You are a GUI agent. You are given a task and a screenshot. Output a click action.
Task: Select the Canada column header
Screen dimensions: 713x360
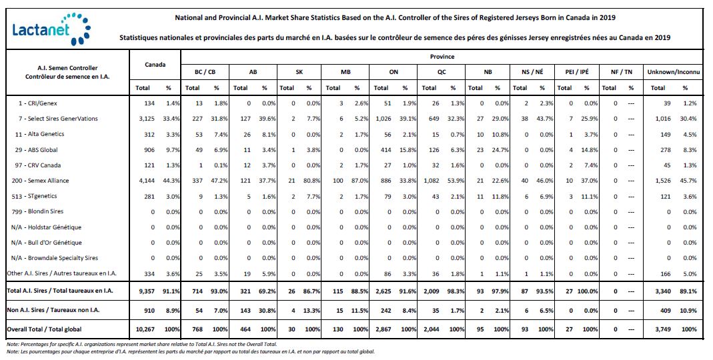(155, 64)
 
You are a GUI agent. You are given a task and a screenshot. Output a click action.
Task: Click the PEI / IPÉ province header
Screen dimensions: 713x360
(576, 72)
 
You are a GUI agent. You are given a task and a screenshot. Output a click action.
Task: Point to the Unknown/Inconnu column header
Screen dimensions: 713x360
(674, 72)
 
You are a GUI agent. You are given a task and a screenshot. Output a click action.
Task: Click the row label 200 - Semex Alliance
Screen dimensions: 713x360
(41, 181)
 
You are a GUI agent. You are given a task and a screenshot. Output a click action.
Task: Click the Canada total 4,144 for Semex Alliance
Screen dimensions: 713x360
(147, 181)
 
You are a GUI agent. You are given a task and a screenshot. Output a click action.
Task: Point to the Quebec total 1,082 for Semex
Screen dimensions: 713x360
(431, 181)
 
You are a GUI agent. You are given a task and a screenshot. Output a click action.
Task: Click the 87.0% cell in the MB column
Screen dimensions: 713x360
(360, 181)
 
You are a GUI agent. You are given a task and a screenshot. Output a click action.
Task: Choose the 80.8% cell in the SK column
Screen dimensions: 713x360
(311, 181)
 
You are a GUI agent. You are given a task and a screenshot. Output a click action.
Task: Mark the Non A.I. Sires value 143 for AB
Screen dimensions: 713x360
(245, 310)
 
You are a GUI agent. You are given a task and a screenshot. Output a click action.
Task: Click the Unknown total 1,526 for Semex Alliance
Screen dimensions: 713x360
(663, 181)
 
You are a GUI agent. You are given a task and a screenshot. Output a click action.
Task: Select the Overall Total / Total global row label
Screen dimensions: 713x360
(44, 329)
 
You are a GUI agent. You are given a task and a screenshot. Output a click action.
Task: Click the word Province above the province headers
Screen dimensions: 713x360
(442, 57)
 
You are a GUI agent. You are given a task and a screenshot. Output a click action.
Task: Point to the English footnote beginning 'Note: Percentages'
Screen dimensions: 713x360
(142, 345)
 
